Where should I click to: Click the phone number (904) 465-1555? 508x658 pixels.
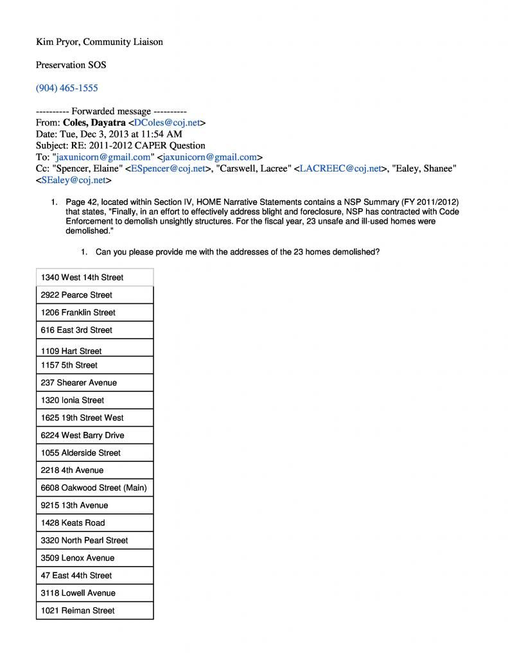(67, 88)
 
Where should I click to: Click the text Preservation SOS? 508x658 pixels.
(71, 65)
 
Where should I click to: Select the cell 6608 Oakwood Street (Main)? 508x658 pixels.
(94, 488)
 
